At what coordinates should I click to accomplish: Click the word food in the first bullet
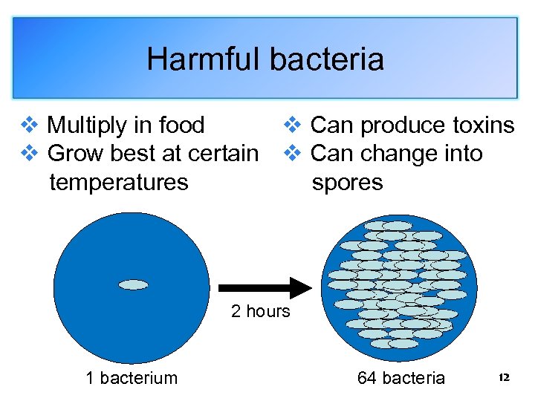[181, 125]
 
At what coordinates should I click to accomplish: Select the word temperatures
[118, 182]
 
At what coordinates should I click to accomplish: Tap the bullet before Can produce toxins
[292, 125]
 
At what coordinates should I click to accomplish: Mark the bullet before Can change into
[292, 154]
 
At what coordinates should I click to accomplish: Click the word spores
[347, 182]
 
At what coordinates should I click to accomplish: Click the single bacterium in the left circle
[134, 284]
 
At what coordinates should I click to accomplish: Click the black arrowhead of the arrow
[299, 287]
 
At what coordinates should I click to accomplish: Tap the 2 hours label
[260, 311]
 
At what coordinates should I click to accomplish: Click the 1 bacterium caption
[132, 378]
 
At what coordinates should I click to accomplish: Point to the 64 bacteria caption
[401, 378]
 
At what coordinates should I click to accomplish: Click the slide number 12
[504, 378]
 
